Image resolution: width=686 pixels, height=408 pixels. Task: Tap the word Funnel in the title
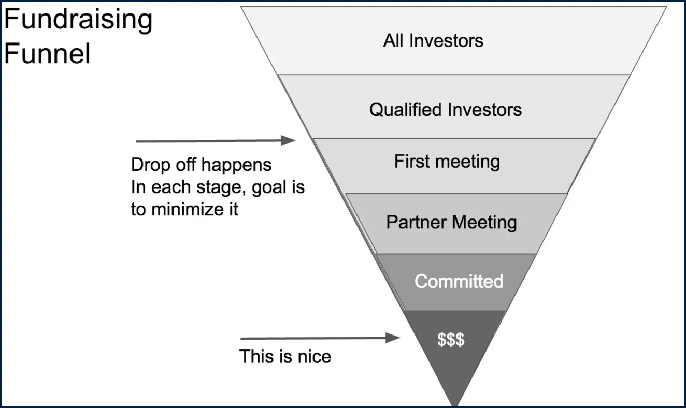[47, 53]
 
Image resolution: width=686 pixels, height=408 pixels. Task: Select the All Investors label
[433, 41]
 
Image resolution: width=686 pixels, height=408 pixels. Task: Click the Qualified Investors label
[445, 110]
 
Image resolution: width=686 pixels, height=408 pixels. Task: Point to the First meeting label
[447, 162]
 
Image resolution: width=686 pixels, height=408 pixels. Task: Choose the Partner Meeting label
[451, 222]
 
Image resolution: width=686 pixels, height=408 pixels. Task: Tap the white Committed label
[459, 281]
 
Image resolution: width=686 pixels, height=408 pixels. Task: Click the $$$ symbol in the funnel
[451, 340]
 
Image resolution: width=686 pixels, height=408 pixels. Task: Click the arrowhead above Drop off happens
[289, 140]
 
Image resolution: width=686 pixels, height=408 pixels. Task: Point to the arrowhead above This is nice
[393, 338]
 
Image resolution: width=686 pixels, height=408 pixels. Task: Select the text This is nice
[285, 357]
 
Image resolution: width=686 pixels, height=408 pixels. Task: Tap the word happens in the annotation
[236, 165]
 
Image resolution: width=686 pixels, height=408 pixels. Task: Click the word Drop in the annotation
[151, 165]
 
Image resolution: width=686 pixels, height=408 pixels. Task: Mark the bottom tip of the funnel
[455, 405]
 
